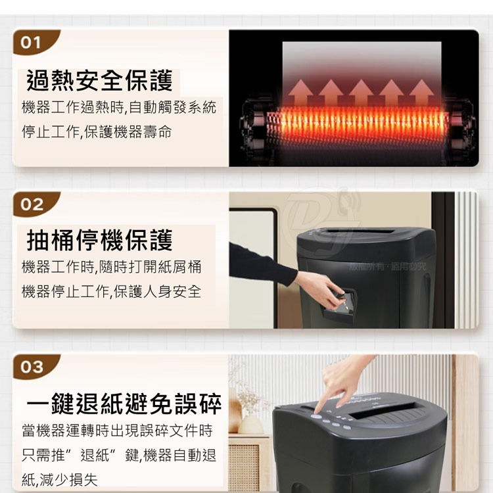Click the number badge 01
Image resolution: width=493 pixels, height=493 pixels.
31,43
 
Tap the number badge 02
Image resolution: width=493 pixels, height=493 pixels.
32,204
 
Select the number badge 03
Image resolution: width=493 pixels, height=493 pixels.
32,367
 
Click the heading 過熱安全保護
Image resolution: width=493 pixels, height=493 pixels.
99,81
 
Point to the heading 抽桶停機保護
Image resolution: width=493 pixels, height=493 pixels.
99,241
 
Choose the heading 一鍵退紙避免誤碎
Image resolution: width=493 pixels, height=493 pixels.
124,403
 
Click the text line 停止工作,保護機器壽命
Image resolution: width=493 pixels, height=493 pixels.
97,132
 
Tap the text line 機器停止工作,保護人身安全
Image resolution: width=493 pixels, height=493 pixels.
111,292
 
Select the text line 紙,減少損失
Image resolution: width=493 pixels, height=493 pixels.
60,480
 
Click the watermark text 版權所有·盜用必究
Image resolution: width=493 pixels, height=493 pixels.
387,266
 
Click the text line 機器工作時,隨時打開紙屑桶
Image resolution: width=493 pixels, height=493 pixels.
111,267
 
